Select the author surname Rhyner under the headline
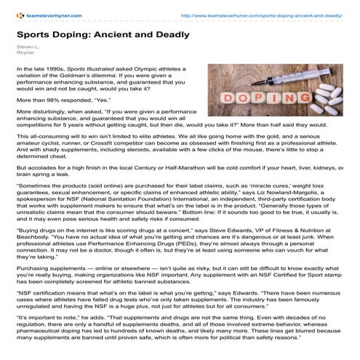25,52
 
